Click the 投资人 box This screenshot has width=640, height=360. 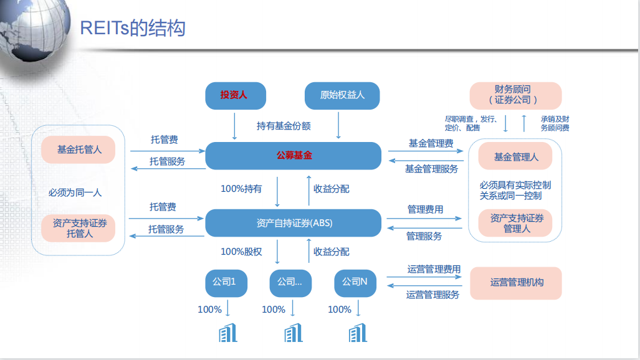[x=234, y=95]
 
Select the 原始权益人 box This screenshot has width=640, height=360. [x=342, y=95]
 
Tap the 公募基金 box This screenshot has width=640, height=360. [x=293, y=155]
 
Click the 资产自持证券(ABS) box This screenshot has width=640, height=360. [x=293, y=222]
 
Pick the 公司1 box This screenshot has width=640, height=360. [x=225, y=282]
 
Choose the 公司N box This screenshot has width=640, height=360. [x=355, y=282]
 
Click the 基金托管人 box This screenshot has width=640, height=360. [x=79, y=149]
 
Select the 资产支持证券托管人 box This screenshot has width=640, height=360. [x=79, y=228]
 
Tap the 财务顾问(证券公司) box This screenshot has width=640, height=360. [x=515, y=95]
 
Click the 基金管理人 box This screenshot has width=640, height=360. [x=515, y=157]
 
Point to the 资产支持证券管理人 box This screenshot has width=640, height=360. [x=515, y=223]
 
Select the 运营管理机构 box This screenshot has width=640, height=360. [x=515, y=282]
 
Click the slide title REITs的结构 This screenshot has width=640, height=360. [x=133, y=28]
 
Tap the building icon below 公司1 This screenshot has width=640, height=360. [x=228, y=333]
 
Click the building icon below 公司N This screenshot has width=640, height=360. [x=357, y=333]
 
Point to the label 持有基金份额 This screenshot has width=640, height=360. [x=284, y=126]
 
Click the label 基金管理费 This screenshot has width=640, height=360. [x=431, y=143]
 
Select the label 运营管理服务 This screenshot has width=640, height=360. [x=432, y=295]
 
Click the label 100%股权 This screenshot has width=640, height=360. [x=241, y=252]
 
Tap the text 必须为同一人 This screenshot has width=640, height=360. [x=75, y=192]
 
